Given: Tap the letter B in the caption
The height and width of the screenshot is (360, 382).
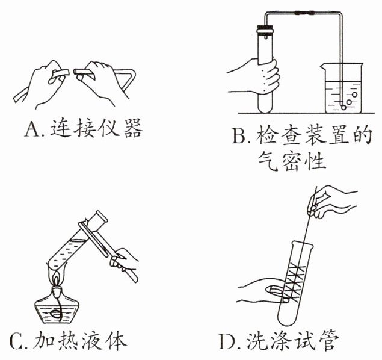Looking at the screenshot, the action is click(239, 135).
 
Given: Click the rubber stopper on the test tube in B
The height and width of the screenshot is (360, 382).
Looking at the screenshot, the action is click(265, 29).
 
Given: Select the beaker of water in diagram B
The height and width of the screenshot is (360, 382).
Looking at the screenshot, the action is click(343, 88).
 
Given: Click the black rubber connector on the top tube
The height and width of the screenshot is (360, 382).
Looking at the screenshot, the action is click(304, 13).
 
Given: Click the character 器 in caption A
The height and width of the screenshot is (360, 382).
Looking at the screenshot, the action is click(133, 128).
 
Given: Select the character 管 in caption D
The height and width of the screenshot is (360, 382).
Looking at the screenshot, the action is click(330, 340).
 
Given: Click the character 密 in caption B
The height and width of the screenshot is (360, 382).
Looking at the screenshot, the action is click(292, 161).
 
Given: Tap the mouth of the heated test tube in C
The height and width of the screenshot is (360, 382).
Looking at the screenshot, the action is click(101, 216).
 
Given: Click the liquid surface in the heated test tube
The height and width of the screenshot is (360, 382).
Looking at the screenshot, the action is click(78, 241).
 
